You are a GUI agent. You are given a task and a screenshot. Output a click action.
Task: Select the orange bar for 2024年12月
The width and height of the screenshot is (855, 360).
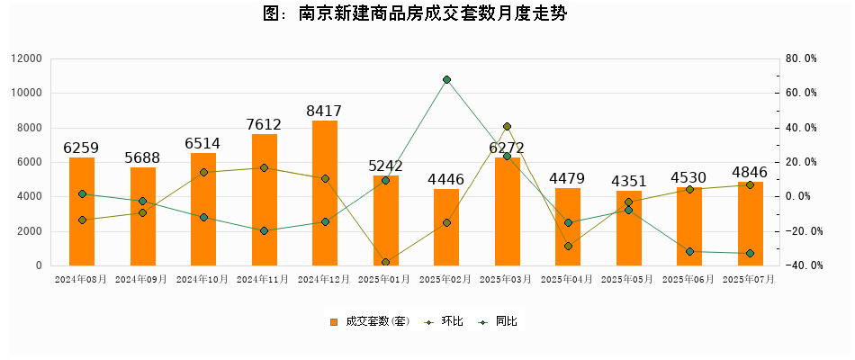(x=325, y=193)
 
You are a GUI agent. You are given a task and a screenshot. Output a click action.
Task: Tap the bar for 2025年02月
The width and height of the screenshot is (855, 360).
(x=446, y=227)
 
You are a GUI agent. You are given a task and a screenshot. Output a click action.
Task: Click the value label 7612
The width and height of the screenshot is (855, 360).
(x=265, y=125)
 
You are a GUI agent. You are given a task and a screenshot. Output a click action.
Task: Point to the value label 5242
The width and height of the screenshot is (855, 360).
(x=385, y=166)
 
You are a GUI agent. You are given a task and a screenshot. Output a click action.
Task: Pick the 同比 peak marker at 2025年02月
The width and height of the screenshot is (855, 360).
(x=446, y=80)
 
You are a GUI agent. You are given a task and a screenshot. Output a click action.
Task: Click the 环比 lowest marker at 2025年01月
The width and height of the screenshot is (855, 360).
(x=385, y=263)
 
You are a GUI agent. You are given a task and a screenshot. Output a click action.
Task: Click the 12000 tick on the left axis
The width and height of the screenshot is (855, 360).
(x=27, y=58)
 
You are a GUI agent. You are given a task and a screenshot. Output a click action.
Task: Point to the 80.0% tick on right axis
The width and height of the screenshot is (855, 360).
(x=800, y=58)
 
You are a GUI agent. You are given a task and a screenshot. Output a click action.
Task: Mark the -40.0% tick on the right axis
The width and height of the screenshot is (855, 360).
(x=800, y=265)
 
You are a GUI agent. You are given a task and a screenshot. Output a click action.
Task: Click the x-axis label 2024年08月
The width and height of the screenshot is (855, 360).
(x=81, y=280)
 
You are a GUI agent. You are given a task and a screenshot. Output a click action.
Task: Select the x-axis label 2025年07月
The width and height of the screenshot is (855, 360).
(x=750, y=280)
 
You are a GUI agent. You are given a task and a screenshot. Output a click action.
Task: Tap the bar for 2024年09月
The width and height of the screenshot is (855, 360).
(x=143, y=216)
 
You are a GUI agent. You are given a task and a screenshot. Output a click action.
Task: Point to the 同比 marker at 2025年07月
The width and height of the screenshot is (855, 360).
(x=750, y=254)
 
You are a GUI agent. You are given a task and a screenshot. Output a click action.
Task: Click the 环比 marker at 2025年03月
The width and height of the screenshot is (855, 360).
(x=507, y=127)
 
